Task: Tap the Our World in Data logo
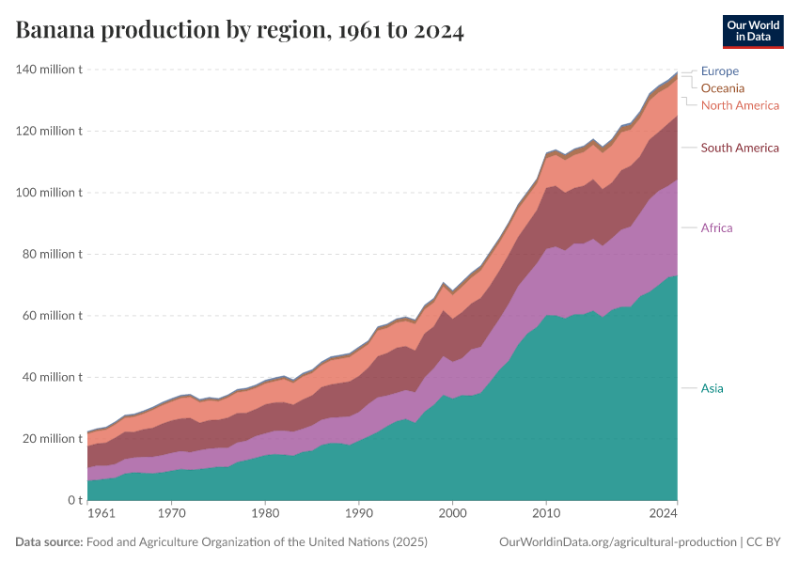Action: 752,31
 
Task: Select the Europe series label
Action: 720,71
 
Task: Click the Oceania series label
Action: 723,88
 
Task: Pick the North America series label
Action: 741,105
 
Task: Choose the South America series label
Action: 740,148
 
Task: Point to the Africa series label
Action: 717,227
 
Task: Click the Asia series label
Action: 713,388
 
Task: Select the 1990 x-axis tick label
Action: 358,514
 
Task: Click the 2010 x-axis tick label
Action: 546,514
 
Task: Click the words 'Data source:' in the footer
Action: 49,542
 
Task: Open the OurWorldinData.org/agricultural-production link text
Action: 618,542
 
